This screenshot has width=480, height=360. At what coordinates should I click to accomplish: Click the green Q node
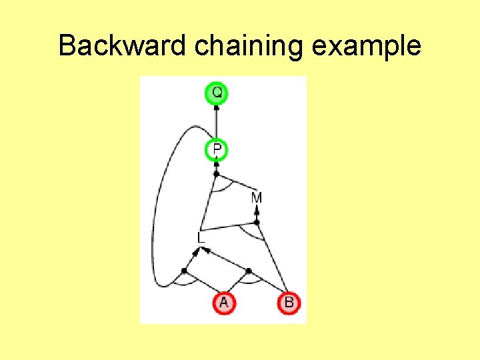217,93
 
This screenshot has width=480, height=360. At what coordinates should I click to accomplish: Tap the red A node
223,303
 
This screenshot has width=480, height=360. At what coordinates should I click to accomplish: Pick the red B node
289,303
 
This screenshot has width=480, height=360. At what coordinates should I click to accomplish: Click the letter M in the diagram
257,198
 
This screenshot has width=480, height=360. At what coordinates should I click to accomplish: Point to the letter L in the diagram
201,237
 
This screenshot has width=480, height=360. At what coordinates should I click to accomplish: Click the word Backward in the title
123,47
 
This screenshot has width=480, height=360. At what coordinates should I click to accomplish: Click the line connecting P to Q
217,123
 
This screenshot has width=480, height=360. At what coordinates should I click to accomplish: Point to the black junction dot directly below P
216,173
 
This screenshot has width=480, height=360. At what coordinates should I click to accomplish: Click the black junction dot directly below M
257,223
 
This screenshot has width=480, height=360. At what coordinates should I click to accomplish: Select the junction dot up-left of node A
184,271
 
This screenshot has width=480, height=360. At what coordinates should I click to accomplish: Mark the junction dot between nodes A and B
248,271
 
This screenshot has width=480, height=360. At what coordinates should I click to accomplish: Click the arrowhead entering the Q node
217,107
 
